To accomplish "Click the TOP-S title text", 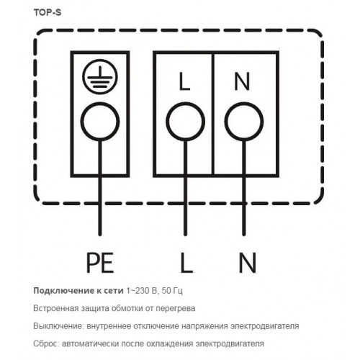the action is coord(48,12).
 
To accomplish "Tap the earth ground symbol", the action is coord(100,76).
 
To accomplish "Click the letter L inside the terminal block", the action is coord(185,82).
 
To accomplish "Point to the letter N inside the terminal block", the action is coord(242,82).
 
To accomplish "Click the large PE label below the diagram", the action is coord(100,263).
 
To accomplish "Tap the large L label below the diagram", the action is coord(186,263).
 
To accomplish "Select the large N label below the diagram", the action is coord(248,263).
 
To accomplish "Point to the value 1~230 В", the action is coord(142,291).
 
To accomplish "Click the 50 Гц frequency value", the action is coord(172,291).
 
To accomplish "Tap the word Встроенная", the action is coord(56,308).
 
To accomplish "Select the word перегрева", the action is coord(176,309).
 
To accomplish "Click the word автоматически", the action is coord(91,344).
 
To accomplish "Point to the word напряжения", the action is coord(204,327).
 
